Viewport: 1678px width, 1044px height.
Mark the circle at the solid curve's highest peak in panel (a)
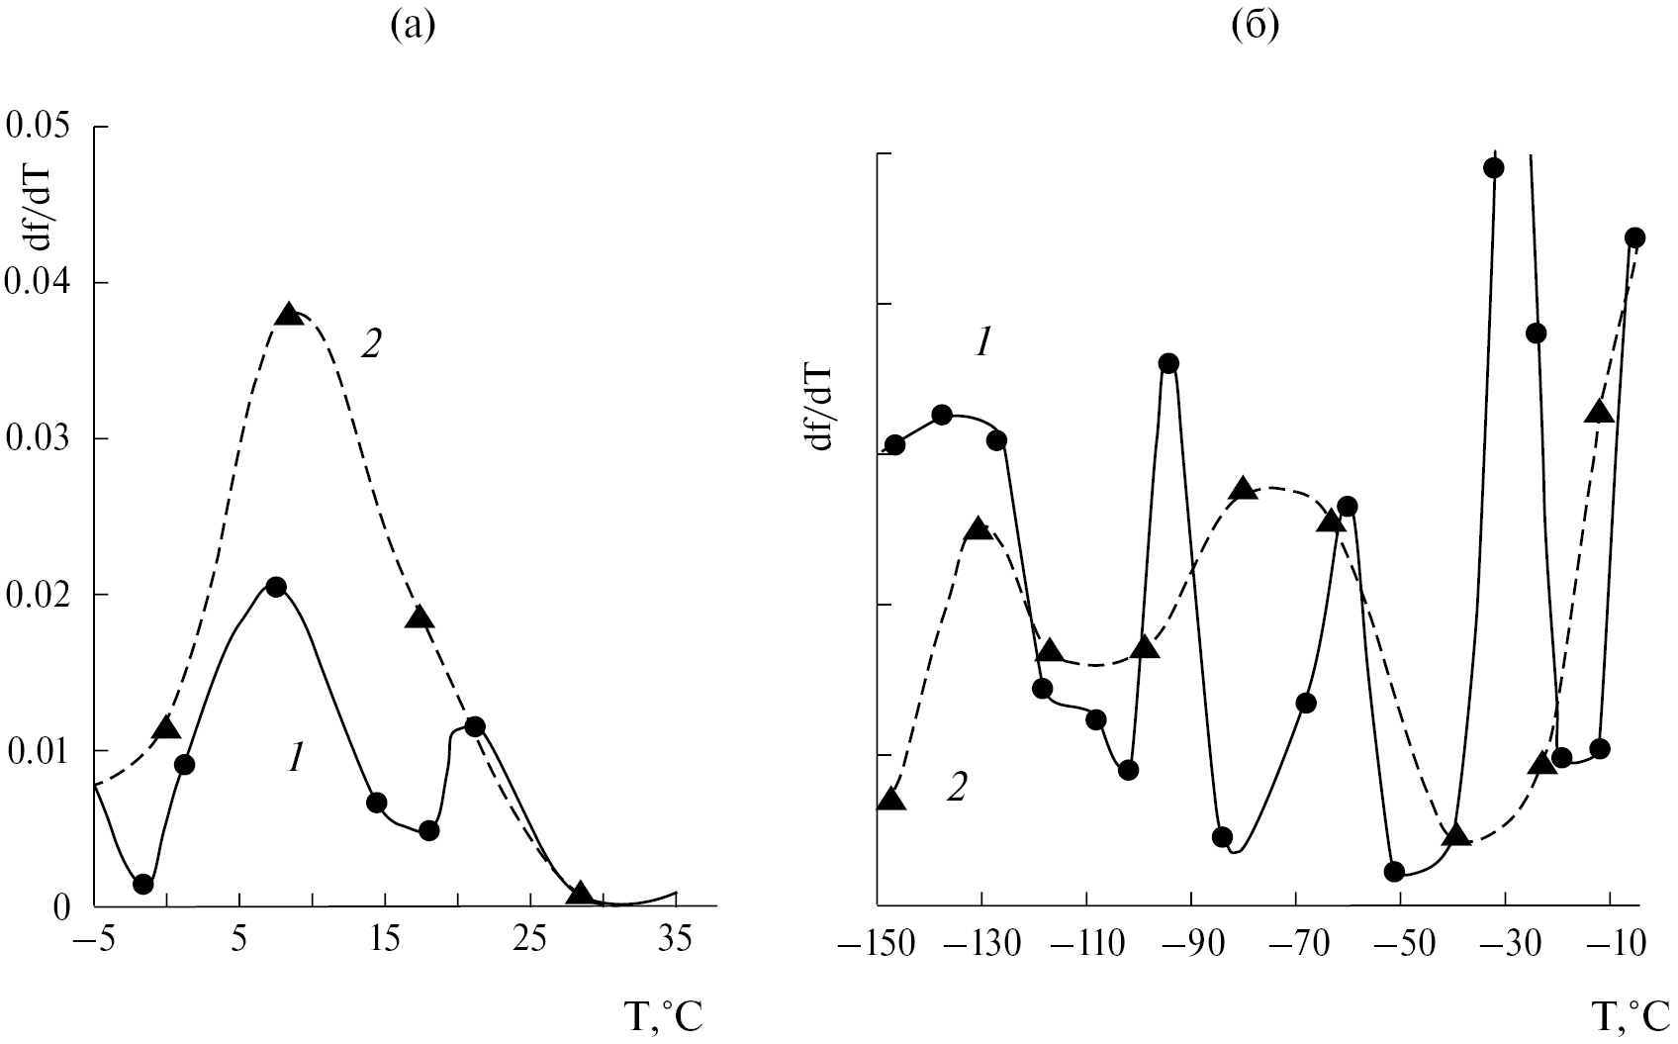pos(276,587)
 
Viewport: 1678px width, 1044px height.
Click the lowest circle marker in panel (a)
pos(143,884)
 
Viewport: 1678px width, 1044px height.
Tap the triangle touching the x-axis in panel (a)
pos(580,894)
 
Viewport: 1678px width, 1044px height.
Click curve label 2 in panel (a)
pos(370,348)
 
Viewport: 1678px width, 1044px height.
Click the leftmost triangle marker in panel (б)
pos(891,800)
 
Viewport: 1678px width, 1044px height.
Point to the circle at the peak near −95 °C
pos(1168,363)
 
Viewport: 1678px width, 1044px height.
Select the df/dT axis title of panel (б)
pos(821,406)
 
